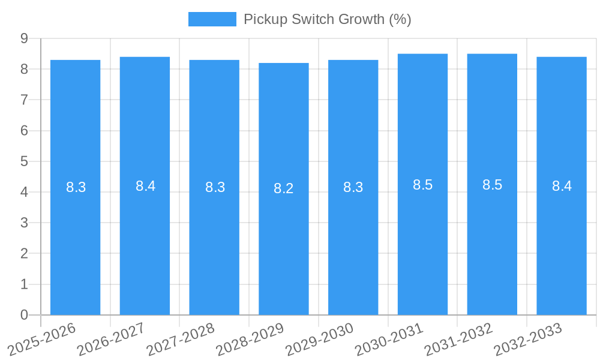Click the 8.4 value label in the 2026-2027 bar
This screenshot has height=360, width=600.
[145, 186]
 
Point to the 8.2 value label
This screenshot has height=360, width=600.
[284, 188]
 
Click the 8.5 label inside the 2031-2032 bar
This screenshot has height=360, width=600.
[492, 185]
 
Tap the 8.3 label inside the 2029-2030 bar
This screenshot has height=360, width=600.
[353, 187]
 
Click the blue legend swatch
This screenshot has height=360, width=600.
[212, 19]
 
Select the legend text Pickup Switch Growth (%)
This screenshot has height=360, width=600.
[327, 19]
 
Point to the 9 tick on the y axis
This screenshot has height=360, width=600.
[24, 38]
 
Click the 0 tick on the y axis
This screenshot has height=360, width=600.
[24, 315]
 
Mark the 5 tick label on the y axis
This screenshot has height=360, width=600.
[24, 161]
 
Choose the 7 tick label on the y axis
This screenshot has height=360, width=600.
[24, 100]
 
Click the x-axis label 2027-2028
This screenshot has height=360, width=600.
[181, 339]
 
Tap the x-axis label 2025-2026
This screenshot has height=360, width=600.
[42, 339]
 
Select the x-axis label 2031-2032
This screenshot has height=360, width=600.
[458, 339]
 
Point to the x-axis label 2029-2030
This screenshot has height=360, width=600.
[319, 339]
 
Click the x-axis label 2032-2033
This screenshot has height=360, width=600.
[528, 339]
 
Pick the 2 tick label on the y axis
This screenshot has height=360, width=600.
[24, 253]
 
